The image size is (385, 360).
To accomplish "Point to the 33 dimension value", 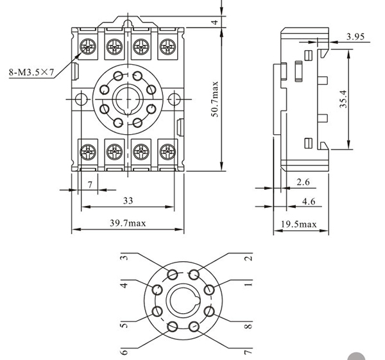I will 128,200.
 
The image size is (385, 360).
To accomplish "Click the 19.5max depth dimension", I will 299,224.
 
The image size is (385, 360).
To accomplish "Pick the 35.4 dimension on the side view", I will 344,99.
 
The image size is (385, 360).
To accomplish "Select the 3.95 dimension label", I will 355,37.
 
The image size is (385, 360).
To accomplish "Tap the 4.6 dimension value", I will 308,201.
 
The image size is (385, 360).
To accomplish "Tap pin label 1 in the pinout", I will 248,283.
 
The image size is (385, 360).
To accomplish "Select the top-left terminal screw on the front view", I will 87,46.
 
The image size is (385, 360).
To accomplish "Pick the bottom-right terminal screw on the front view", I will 167,152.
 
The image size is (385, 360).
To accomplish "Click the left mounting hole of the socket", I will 79,99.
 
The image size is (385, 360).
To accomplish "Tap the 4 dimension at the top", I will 216,22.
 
